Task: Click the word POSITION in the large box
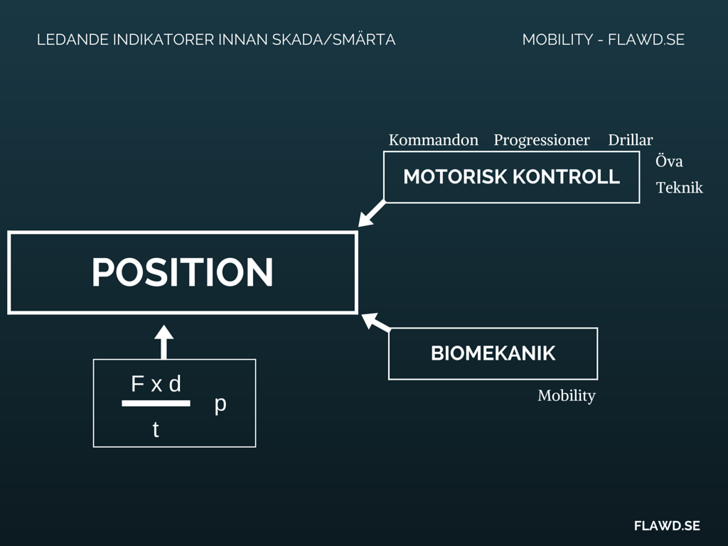pos(182,272)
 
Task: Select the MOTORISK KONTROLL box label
pos(511,177)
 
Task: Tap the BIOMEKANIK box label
pos(493,353)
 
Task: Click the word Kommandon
pos(433,140)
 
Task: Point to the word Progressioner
pos(541,140)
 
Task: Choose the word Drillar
pos(630,140)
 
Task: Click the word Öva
pos(669,161)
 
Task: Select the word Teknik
pos(679,188)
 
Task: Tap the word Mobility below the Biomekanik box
pos(566,396)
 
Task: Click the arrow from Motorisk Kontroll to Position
pos(372,214)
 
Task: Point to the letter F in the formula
pos(138,384)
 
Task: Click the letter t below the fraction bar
pos(156,429)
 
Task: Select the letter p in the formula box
pos(220,404)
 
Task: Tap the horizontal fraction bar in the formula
pos(156,403)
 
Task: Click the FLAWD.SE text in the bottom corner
pos(667,525)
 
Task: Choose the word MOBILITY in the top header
pos(557,40)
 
